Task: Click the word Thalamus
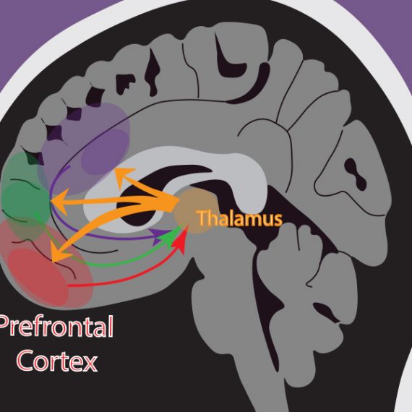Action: [240, 218]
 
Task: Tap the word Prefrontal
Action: [56, 327]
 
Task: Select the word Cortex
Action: [57, 361]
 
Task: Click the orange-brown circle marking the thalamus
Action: [196, 211]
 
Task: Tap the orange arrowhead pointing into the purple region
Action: [124, 176]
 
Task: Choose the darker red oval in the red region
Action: [38, 276]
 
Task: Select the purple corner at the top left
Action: [40, 26]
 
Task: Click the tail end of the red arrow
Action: [69, 285]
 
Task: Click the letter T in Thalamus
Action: [202, 218]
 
